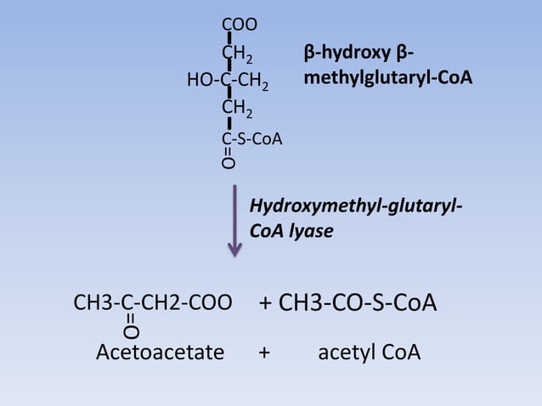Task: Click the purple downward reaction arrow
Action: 234,221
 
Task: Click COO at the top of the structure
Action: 240,25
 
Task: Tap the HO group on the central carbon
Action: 200,80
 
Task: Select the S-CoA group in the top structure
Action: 259,139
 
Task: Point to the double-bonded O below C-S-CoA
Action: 229,163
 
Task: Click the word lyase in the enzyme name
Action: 311,231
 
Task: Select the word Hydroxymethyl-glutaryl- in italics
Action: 356,206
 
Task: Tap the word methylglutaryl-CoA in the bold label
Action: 388,77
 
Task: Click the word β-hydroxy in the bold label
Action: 347,53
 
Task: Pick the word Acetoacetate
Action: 160,352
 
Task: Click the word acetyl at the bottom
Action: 345,352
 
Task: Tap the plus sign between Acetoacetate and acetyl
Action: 264,352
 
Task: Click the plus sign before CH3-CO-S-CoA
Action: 265,303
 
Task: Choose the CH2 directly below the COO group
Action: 237,54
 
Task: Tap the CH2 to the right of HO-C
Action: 253,81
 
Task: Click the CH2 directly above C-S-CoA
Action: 237,108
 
